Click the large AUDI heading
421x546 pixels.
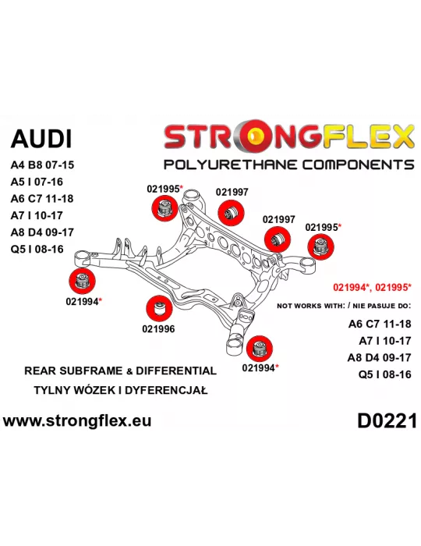pos(41,139)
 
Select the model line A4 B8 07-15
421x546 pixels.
pos(42,165)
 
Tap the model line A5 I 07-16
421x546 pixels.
pos(37,182)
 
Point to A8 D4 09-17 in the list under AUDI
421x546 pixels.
pos(42,232)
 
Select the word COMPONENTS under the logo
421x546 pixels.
pos(358,165)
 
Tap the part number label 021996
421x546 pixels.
pos(158,328)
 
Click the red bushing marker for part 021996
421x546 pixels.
pos(159,309)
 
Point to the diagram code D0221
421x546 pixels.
pos(387,421)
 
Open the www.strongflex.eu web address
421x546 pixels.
pos(77,420)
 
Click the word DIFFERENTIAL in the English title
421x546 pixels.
pos(176,370)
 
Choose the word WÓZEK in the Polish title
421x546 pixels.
pos(91,390)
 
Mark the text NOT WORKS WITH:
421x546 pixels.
pos(311,306)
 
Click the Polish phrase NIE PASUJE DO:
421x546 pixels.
pos(382,306)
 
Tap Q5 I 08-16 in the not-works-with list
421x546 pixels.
pos(385,374)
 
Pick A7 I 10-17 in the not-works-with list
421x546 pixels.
pos(385,341)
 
